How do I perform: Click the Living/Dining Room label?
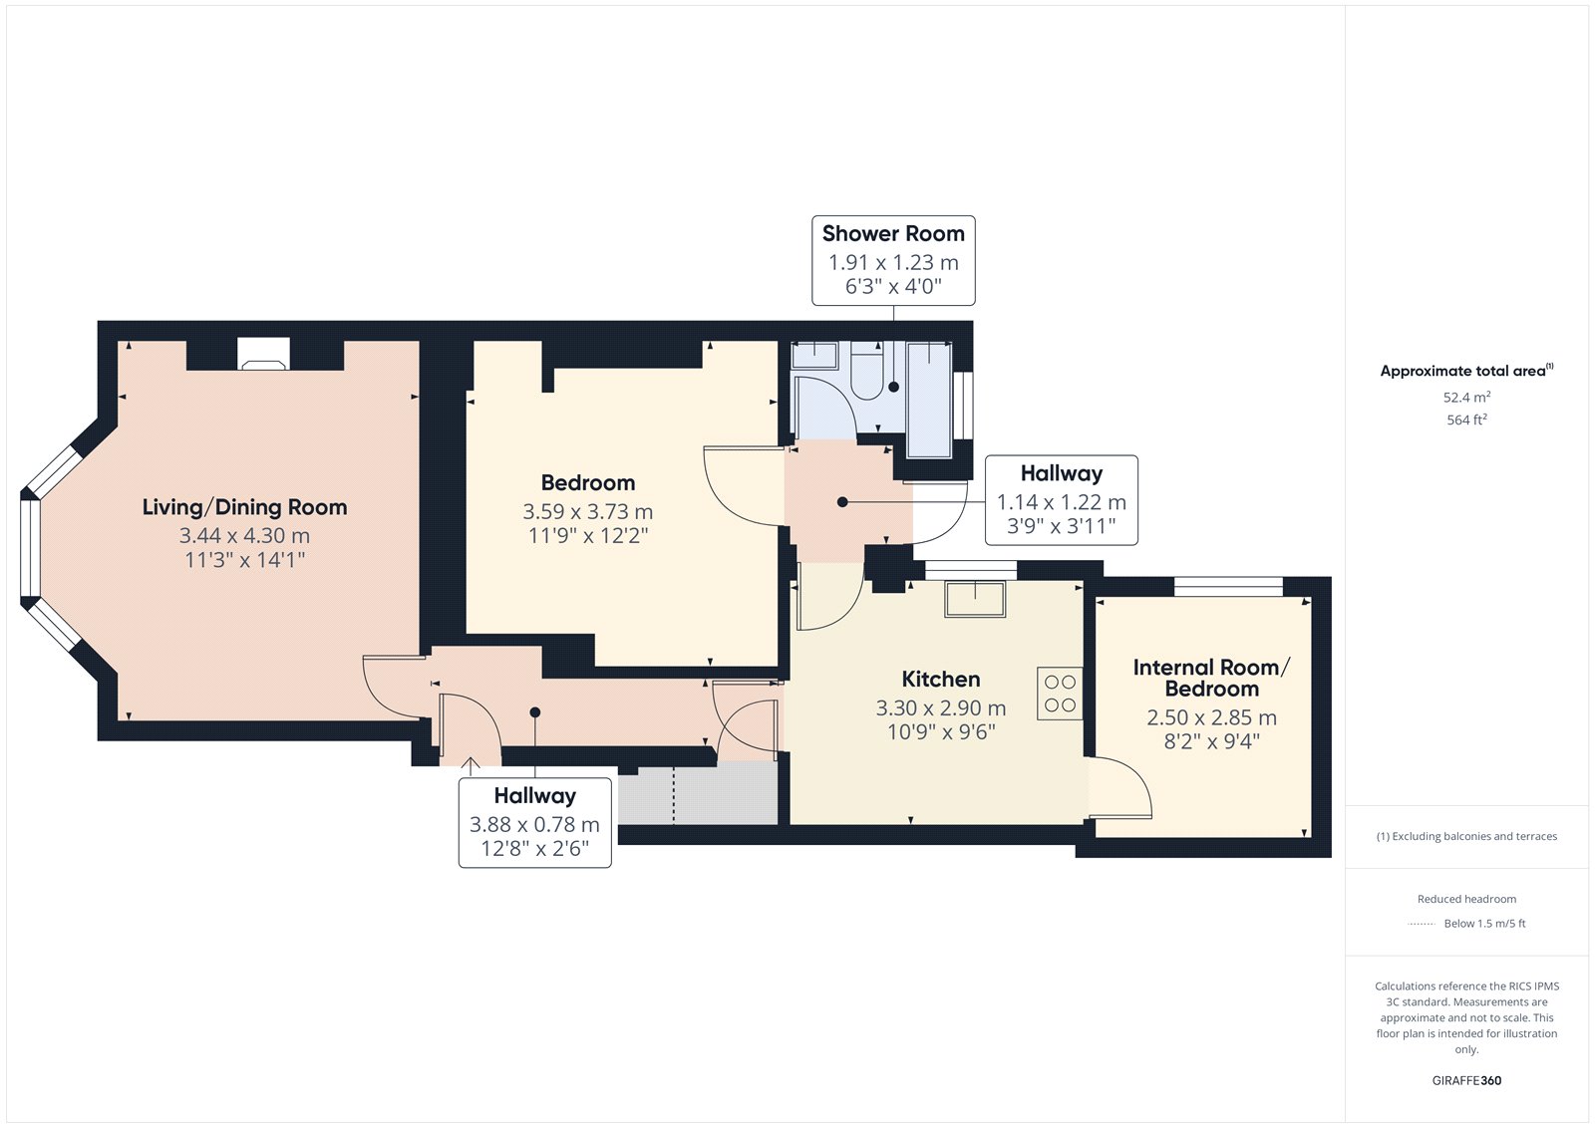click(244, 507)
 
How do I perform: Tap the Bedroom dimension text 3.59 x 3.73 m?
click(587, 511)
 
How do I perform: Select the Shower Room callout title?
click(893, 233)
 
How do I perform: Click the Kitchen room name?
click(941, 680)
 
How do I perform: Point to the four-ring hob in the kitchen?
click(1060, 694)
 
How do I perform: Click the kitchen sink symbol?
click(975, 599)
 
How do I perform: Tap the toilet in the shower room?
click(866, 371)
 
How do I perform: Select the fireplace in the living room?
click(263, 354)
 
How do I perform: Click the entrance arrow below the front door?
click(470, 766)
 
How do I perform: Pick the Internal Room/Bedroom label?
click(1211, 678)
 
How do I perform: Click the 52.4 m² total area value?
click(1466, 397)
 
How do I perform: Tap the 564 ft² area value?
click(1466, 420)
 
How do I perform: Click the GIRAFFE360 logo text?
click(1466, 1080)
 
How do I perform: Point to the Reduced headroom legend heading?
click(1466, 899)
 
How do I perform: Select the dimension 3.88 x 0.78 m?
click(534, 824)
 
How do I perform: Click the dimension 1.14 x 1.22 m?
click(1061, 502)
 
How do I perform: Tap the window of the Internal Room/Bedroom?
click(1228, 587)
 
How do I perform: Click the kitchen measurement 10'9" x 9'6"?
click(941, 731)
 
